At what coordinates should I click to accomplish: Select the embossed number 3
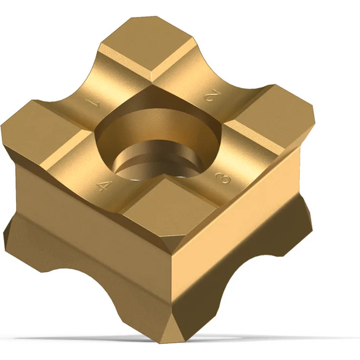click(x=222, y=177)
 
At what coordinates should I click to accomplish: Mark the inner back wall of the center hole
click(x=158, y=129)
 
